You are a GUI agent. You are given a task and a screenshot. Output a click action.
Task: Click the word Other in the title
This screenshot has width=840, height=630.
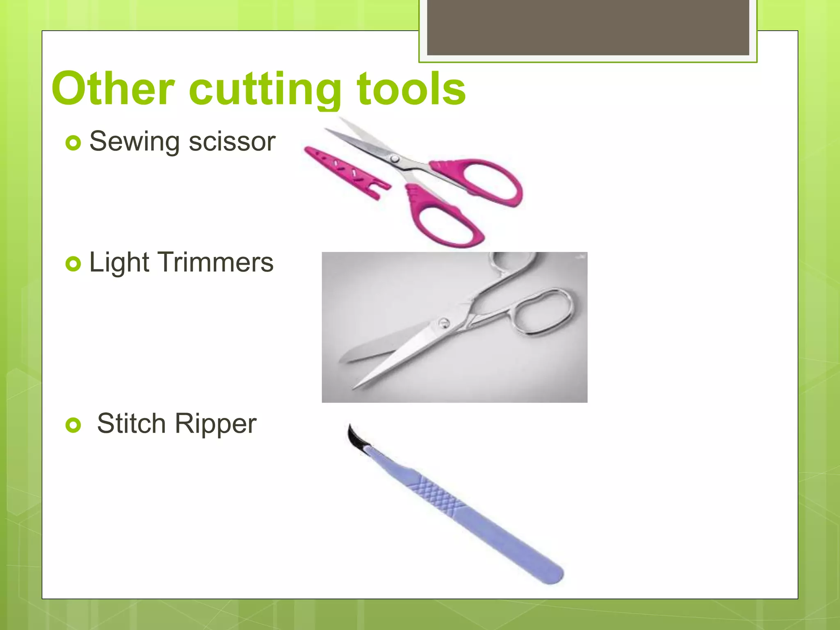pos(113,89)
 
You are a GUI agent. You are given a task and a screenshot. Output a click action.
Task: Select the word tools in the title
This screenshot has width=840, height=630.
pos(411,89)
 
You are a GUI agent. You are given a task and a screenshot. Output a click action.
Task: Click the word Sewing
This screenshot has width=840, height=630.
pos(134,142)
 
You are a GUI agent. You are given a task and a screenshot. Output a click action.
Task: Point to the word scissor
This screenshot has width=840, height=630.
pos(232,142)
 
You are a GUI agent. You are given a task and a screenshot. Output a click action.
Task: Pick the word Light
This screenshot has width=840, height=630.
pos(119,262)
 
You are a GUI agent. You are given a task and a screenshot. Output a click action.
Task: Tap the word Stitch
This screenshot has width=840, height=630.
pos(131,423)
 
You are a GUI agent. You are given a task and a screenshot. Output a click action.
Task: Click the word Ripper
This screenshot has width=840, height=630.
pos(216,423)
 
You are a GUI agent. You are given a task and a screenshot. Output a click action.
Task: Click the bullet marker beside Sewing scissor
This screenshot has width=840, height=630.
pos(73,143)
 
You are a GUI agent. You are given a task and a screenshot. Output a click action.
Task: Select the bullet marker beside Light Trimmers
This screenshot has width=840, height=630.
pos(73,264)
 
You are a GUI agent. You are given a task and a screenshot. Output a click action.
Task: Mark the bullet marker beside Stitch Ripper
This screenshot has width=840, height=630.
pos(73,425)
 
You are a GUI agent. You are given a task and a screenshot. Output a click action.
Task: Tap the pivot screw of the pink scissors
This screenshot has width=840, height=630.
pos(394,158)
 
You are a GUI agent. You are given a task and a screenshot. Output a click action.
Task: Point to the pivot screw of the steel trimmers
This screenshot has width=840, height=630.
pos(443,323)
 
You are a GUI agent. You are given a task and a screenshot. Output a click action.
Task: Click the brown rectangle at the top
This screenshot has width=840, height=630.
pos(588,27)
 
